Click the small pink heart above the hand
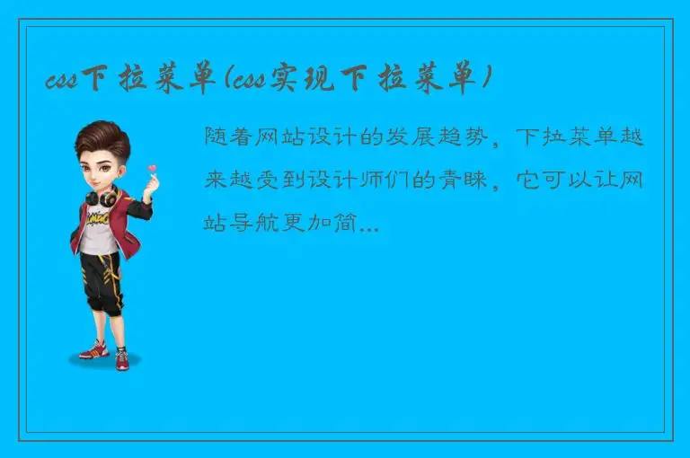tap(152, 168)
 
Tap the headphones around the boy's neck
tap(107, 195)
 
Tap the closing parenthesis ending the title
tap(485, 82)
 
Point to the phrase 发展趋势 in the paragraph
tap(441, 137)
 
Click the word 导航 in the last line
tap(259, 224)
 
